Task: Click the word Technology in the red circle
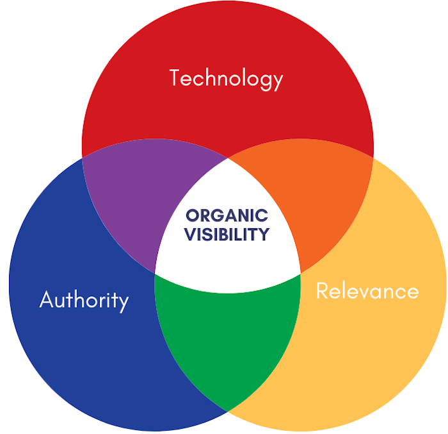(x=226, y=79)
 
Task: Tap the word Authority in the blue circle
(x=84, y=301)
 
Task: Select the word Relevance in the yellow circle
(x=367, y=290)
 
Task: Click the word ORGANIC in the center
(x=227, y=215)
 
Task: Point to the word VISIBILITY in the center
(x=227, y=234)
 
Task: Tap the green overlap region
(x=227, y=338)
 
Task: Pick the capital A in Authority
(x=45, y=299)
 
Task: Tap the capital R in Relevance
(x=322, y=290)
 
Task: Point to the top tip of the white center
(x=228, y=158)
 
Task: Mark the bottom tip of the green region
(x=227, y=411)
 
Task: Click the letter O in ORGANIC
(x=192, y=215)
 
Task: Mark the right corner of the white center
(x=300, y=273)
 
